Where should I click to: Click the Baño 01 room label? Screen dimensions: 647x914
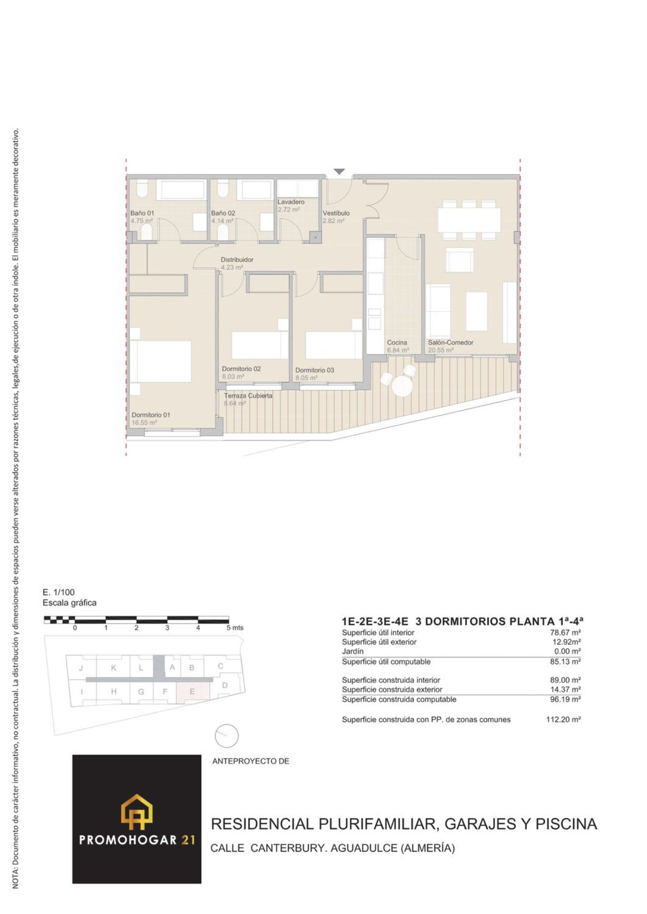click(x=142, y=213)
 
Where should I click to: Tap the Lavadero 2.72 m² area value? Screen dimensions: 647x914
click(x=289, y=210)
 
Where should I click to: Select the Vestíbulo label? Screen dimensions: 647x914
click(x=336, y=213)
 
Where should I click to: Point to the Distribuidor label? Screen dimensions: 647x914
click(x=237, y=260)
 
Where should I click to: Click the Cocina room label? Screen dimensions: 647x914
click(x=397, y=343)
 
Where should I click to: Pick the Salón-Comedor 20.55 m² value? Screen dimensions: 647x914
click(x=440, y=350)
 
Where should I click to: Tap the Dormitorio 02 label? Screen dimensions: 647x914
click(x=241, y=369)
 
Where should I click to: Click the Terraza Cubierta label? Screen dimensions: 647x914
click(x=248, y=396)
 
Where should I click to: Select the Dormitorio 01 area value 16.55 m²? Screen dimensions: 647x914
click(x=144, y=423)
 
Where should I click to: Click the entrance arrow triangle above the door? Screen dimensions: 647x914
click(x=339, y=172)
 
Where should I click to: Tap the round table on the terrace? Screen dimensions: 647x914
click(x=403, y=386)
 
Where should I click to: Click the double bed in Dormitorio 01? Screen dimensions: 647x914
click(x=160, y=361)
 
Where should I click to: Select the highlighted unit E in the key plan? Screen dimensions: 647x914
click(x=192, y=692)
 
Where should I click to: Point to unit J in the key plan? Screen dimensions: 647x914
click(x=81, y=668)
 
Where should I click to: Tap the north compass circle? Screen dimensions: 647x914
click(x=226, y=736)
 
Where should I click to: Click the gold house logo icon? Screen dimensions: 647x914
click(x=137, y=812)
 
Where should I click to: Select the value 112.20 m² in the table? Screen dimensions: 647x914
click(x=563, y=720)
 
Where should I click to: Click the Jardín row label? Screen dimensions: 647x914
click(x=352, y=652)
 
